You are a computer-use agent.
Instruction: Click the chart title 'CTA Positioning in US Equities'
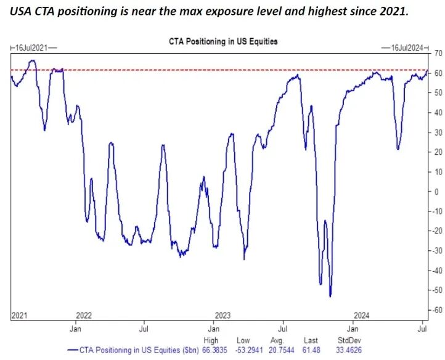(223, 41)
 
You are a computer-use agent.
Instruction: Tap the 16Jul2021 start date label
(31, 48)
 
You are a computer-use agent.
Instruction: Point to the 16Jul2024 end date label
(407, 48)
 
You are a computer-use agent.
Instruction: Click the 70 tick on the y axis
(438, 54)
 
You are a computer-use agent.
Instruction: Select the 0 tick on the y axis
(436, 192)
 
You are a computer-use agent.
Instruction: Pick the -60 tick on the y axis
(437, 310)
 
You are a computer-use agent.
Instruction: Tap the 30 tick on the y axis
(438, 133)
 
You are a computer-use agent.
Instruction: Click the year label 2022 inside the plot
(84, 316)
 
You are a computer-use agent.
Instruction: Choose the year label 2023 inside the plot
(222, 316)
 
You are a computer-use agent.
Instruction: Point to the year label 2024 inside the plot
(362, 316)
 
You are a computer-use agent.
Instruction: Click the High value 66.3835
(214, 350)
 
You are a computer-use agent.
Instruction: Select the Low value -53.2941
(249, 350)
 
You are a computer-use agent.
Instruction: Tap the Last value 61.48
(311, 350)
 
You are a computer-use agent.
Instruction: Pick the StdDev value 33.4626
(349, 350)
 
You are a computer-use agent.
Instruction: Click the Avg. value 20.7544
(282, 350)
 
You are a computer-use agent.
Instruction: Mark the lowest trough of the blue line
(330, 297)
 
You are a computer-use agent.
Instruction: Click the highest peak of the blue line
(33, 60)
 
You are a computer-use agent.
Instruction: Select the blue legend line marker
(73, 350)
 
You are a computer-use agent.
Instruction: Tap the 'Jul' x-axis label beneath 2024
(423, 329)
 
